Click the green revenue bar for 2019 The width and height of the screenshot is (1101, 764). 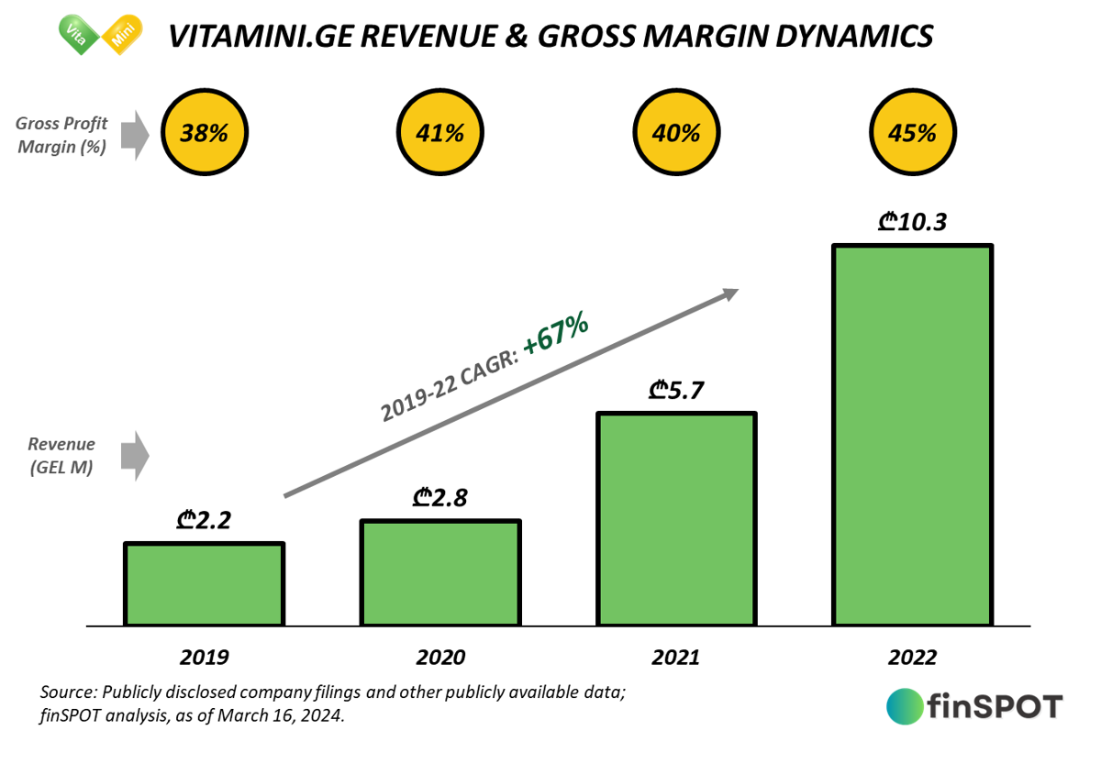click(x=205, y=583)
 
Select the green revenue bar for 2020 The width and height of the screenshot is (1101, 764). click(x=440, y=572)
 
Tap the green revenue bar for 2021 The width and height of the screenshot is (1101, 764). click(x=676, y=518)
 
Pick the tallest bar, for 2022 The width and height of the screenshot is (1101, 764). click(x=912, y=435)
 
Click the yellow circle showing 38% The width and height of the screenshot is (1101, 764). click(x=204, y=133)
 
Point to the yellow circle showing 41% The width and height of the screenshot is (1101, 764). click(x=440, y=133)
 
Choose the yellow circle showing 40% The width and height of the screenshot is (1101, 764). click(x=676, y=133)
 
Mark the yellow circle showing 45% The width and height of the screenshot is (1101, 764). click(x=912, y=133)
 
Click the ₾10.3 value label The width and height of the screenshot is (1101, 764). click(x=913, y=222)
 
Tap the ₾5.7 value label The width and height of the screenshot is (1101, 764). click(x=676, y=391)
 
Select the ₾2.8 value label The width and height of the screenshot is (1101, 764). click(x=440, y=499)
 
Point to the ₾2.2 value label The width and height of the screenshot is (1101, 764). click(x=204, y=522)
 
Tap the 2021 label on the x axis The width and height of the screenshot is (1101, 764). click(x=676, y=658)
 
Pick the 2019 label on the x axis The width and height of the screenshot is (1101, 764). click(x=204, y=658)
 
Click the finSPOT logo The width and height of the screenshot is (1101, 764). click(x=973, y=706)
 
